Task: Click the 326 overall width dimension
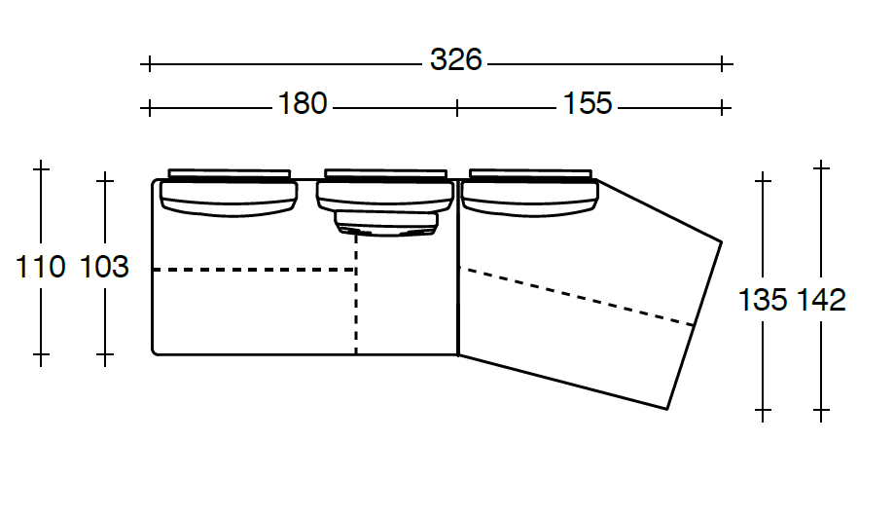click(455, 59)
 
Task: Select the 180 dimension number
click(303, 103)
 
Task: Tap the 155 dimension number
click(588, 103)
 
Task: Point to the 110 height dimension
click(40, 267)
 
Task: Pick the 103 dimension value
click(104, 267)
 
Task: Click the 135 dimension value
click(763, 300)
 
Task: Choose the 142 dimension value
click(821, 300)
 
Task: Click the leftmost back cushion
click(230, 193)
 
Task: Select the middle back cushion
click(385, 191)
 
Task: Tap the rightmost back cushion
click(529, 193)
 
